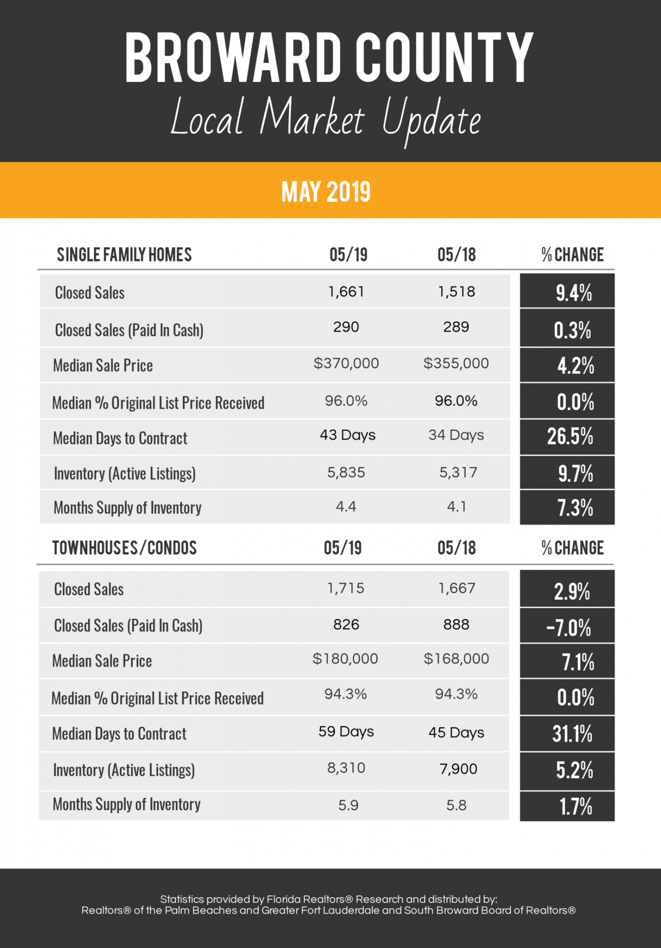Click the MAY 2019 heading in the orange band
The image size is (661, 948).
point(326,191)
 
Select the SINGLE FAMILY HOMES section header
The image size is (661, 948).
point(124,255)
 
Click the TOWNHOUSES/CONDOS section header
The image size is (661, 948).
point(124,548)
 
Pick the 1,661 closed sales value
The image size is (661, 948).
point(346,292)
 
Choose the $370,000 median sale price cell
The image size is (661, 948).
point(346,364)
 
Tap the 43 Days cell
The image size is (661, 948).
point(347,435)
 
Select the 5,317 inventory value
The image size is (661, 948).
point(458,473)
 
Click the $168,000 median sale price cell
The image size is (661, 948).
point(456,659)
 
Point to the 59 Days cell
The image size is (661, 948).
point(346,732)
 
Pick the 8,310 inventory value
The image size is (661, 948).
point(346,768)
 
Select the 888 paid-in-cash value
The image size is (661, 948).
point(456,625)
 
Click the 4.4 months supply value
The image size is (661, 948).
point(346,507)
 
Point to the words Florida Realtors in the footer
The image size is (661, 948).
point(309,899)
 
